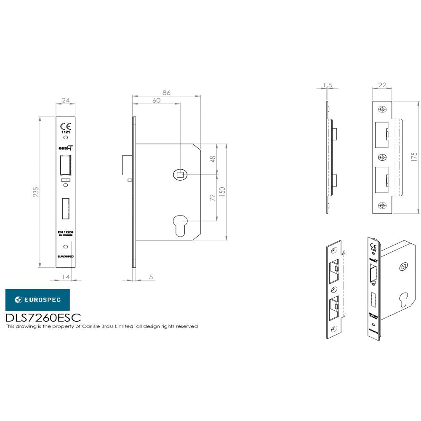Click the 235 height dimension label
[x=36, y=192]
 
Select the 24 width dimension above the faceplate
[x=65, y=100]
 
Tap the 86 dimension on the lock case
[x=166, y=93]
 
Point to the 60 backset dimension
[x=156, y=101]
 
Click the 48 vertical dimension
[x=213, y=159]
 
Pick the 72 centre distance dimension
[x=213, y=197]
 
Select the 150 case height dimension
[x=223, y=192]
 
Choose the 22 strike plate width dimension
[x=382, y=85]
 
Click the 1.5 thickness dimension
[x=327, y=85]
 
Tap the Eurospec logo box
[x=37, y=300]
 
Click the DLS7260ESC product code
[x=43, y=317]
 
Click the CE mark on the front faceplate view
[x=65, y=126]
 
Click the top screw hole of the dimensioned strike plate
[x=382, y=109]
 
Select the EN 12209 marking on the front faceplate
[x=65, y=232]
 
